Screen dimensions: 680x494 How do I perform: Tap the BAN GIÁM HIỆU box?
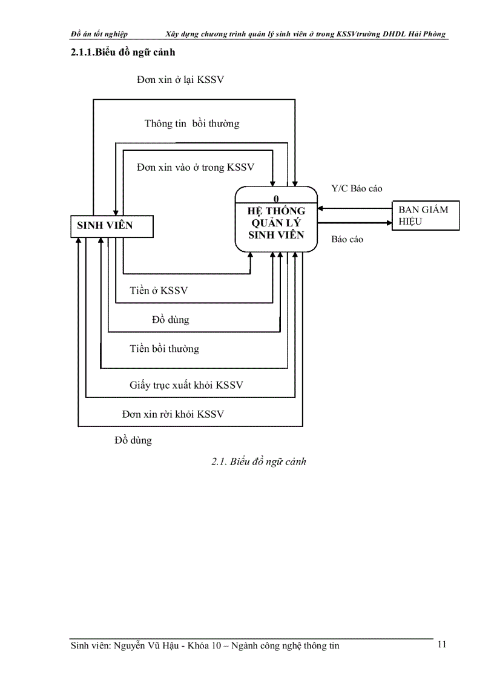[x=426, y=215]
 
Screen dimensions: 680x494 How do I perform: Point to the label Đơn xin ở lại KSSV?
[x=180, y=80]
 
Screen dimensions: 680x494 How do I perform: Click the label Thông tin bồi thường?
[x=191, y=124]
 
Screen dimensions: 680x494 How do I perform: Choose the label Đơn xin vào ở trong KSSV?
[x=195, y=167]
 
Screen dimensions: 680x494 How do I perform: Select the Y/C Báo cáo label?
[x=357, y=188]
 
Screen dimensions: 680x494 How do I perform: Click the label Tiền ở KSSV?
[x=159, y=291]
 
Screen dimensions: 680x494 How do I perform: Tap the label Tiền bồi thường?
[x=164, y=349]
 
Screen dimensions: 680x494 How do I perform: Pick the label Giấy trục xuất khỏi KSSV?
[x=186, y=385]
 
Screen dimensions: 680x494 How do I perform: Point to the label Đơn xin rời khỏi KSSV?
[x=173, y=414]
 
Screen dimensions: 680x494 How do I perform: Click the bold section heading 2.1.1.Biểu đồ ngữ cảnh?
[x=123, y=52]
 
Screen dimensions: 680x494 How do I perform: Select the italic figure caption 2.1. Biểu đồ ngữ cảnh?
[x=259, y=461]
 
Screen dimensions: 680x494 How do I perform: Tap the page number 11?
[x=441, y=644]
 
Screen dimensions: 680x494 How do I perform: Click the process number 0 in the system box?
[x=276, y=199]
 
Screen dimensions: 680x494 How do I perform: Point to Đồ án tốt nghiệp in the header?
[x=99, y=34]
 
